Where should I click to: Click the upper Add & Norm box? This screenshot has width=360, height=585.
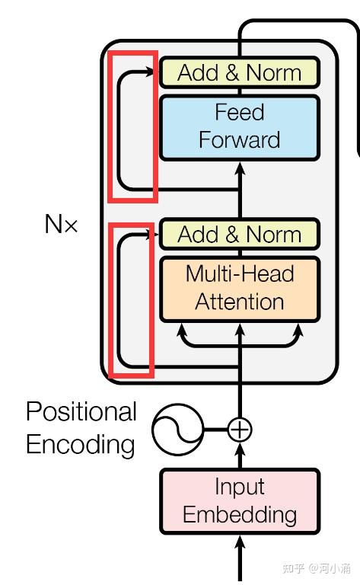(240, 72)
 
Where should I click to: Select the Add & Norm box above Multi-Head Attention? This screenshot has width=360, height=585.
(240, 235)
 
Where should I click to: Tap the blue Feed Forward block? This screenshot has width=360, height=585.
(240, 128)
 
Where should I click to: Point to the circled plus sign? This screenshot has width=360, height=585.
(240, 430)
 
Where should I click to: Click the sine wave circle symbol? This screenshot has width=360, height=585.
(178, 430)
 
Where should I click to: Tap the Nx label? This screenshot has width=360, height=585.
(61, 224)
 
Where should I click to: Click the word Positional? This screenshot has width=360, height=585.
(81, 411)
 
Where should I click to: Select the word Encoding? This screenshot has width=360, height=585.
(81, 445)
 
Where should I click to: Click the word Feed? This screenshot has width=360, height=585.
(240, 112)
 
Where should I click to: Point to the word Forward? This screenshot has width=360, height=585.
(239, 139)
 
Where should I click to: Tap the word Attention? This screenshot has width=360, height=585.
(239, 302)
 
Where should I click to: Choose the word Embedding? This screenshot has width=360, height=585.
(240, 514)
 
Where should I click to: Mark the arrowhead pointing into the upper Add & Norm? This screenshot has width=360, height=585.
(150, 72)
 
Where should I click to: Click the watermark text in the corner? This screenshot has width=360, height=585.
(317, 568)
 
